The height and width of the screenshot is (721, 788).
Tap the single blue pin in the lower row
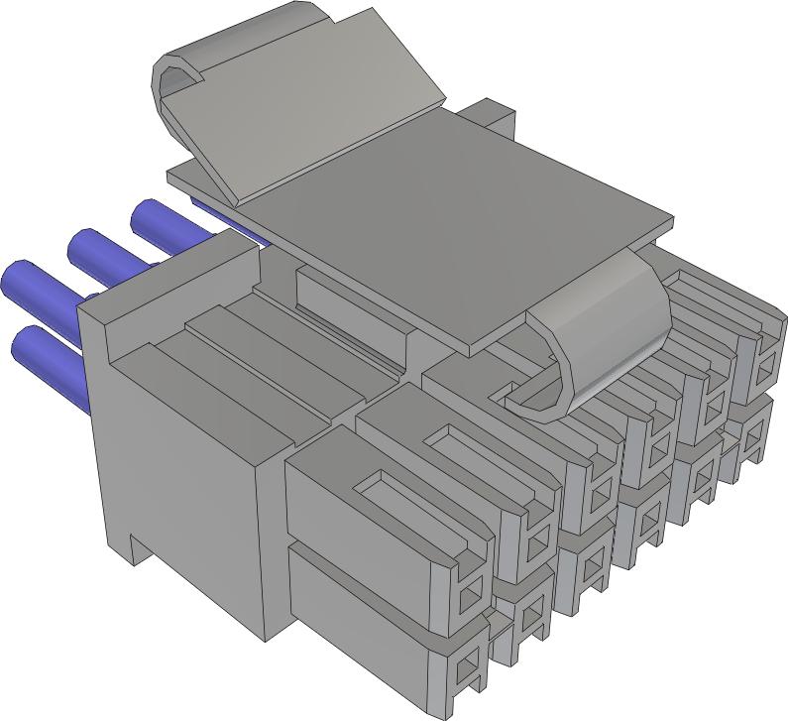click(x=45, y=352)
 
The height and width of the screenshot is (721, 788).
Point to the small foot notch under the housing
click(x=139, y=545)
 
